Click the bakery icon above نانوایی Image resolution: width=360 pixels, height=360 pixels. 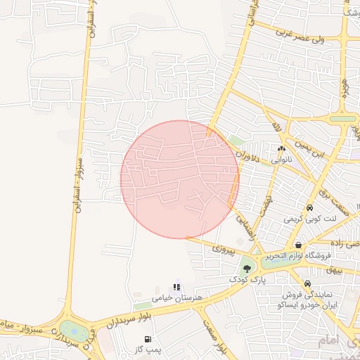tap(282, 148)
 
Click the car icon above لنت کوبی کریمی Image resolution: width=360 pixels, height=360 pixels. tap(309, 208)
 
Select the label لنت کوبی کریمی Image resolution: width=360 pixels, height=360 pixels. tap(310, 219)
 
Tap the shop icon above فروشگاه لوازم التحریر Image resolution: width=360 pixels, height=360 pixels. tap(299, 245)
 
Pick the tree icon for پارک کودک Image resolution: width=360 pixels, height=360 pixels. tap(246, 267)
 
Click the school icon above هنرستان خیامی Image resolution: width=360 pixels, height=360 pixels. tap(177, 287)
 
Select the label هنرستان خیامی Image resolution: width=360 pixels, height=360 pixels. tap(177, 298)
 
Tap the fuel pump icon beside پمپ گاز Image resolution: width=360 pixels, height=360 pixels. tap(148, 339)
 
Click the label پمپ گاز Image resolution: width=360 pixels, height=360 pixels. tap(148, 349)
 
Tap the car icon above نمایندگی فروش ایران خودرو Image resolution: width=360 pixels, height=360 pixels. tap(307, 283)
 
